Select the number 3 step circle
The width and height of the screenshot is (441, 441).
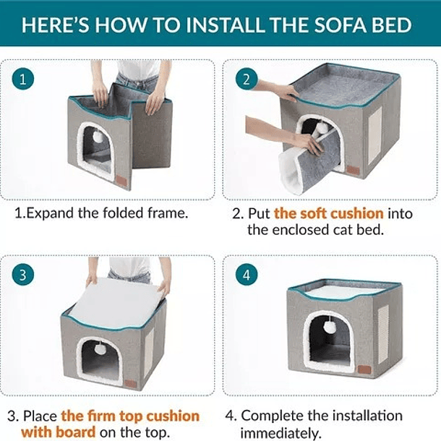coord(24,275)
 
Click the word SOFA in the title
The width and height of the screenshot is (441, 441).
coord(329,26)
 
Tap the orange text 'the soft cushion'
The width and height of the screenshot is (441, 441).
coord(329,214)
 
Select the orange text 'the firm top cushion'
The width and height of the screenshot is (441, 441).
coord(130,416)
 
